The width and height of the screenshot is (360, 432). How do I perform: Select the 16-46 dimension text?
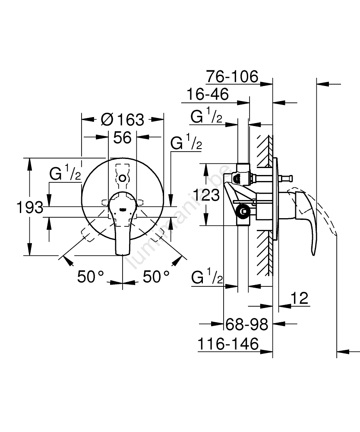click(207, 94)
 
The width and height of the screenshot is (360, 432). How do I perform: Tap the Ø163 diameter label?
click(123, 119)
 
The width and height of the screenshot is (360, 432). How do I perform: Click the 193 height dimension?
click(29, 207)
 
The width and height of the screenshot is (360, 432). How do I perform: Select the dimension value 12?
click(298, 298)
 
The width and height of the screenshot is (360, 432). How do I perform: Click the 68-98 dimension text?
click(247, 324)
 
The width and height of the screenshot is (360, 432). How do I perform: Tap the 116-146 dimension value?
click(228, 344)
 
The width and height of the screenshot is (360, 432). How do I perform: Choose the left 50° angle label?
click(92, 276)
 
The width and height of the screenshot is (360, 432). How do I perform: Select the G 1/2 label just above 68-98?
click(206, 278)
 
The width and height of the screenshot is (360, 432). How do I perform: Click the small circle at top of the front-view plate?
click(123, 178)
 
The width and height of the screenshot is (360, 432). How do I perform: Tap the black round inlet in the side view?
click(244, 211)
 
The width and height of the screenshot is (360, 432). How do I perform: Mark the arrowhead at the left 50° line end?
click(66, 259)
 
